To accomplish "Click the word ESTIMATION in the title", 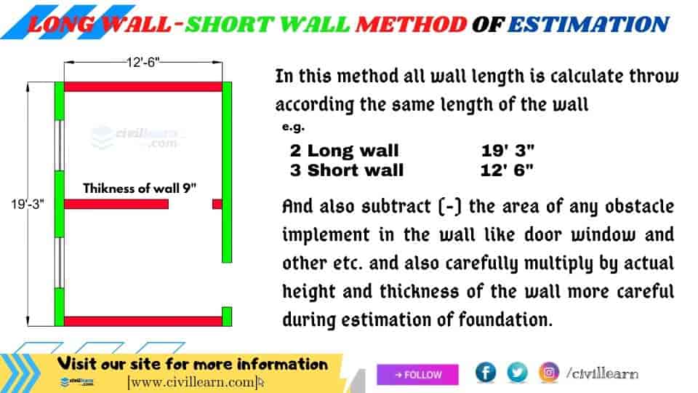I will [x=587, y=24].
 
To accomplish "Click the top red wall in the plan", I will [x=143, y=87].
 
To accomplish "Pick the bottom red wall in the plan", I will [x=143, y=321].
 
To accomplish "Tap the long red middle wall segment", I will [x=116, y=204].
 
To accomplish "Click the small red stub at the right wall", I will [x=217, y=204].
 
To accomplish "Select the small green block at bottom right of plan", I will [x=226, y=317].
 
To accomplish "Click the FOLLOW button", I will [x=418, y=375].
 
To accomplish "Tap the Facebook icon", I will [x=486, y=373].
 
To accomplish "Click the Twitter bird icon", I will [x=517, y=373].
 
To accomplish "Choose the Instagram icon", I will [x=549, y=373].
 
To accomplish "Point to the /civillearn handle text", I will [x=602, y=373].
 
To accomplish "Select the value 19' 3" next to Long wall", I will [x=508, y=151].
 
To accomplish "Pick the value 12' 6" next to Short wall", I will [x=508, y=170].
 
